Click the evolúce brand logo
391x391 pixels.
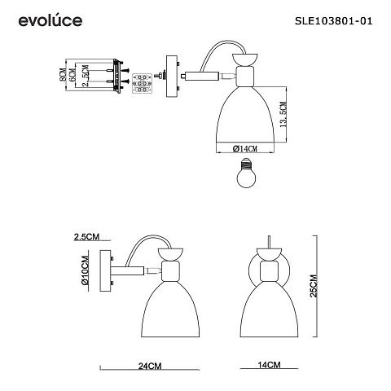51,20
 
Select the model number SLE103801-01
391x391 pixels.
334,21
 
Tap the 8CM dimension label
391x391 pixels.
63,75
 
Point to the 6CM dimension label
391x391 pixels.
72,75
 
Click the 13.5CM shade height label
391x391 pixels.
283,115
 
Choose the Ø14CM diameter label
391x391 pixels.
245,148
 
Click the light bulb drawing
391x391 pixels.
246,173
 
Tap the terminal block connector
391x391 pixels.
142,83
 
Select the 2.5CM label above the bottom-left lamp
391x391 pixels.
86,237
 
